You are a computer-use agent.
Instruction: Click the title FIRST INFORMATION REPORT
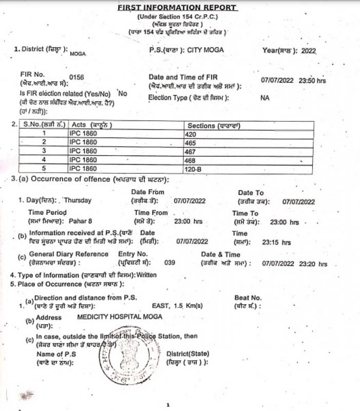pyautogui.click(x=177, y=8)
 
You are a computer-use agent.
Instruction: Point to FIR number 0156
pyautogui.click(x=77, y=77)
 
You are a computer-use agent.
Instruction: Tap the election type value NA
pyautogui.click(x=264, y=98)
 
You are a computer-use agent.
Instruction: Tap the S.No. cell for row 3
pyautogui.click(x=44, y=151)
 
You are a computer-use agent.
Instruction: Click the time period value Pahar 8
pyautogui.click(x=81, y=221)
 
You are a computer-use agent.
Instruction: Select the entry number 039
pyautogui.click(x=169, y=263)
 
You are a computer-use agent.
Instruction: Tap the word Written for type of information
pyautogui.click(x=146, y=275)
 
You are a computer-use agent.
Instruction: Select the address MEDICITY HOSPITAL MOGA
pyautogui.click(x=120, y=316)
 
